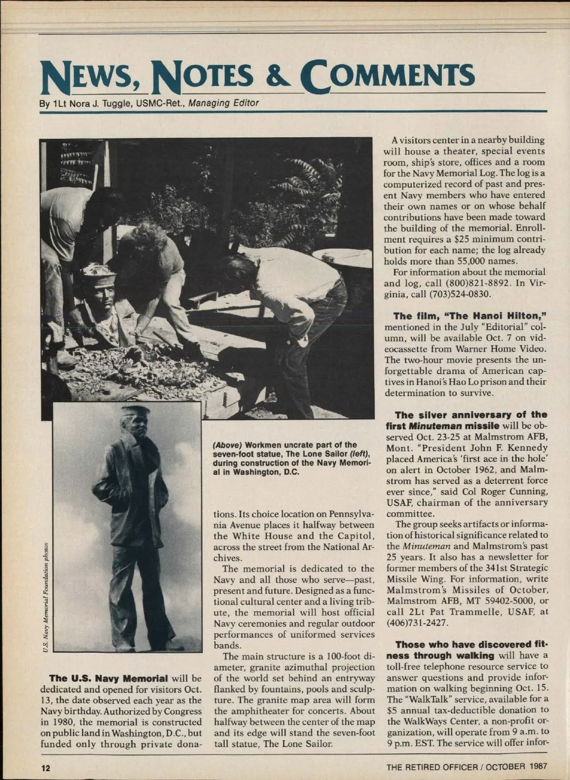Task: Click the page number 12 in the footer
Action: click(46, 768)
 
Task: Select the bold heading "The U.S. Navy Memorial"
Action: click(108, 678)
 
